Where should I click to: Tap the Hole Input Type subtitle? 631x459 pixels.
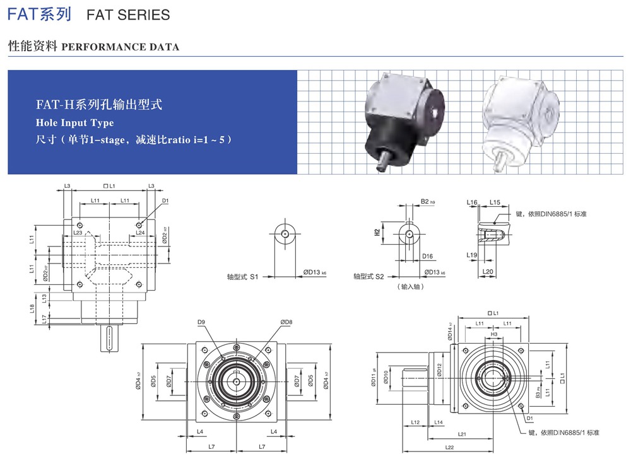(75, 122)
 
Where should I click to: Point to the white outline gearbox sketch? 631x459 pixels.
(521, 120)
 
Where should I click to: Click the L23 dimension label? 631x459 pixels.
(78, 233)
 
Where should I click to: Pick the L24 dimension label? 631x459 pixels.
(140, 233)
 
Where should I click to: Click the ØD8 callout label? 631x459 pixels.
(286, 323)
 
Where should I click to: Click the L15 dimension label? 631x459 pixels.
(495, 202)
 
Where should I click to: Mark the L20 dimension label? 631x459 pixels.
(487, 272)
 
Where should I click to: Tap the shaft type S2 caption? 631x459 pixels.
(369, 276)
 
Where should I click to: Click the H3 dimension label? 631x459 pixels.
(494, 335)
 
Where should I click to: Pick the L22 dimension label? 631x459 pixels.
(449, 448)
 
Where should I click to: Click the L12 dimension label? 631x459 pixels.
(415, 422)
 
